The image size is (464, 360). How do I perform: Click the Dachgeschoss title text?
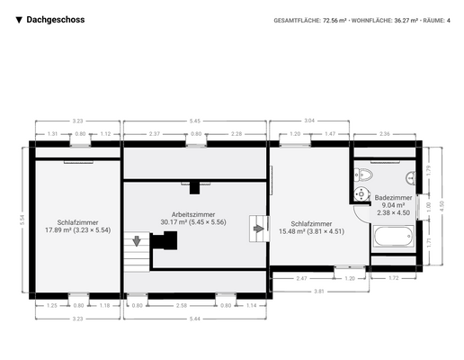pyautogui.click(x=56, y=19)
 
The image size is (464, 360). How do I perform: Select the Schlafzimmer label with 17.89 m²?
pyautogui.click(x=77, y=225)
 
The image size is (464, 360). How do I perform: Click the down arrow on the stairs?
pyautogui.click(x=137, y=240)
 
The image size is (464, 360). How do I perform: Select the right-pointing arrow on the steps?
pyautogui.click(x=259, y=229)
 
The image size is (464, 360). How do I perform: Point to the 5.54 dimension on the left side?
pyautogui.click(x=21, y=219)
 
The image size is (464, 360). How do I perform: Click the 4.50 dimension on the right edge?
pyautogui.click(x=442, y=205)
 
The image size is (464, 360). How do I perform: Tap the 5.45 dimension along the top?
pyautogui.click(x=195, y=121)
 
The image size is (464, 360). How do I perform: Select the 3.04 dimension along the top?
pyautogui.click(x=309, y=121)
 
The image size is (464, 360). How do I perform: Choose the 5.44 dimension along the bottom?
pyautogui.click(x=195, y=319)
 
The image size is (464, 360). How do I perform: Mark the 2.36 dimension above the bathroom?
pyautogui.click(x=384, y=133)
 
